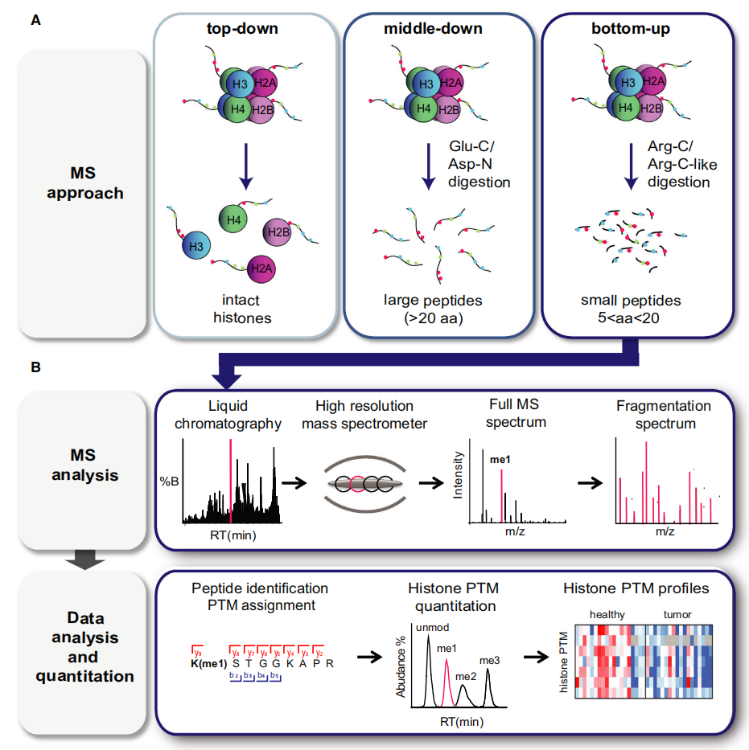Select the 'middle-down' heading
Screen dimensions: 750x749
tap(434, 30)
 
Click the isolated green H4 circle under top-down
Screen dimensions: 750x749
tap(233, 216)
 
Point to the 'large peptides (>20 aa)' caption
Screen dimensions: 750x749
tap(433, 309)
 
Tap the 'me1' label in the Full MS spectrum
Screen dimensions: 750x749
tap(501, 461)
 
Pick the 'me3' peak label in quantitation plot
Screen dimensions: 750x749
tap(490, 661)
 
